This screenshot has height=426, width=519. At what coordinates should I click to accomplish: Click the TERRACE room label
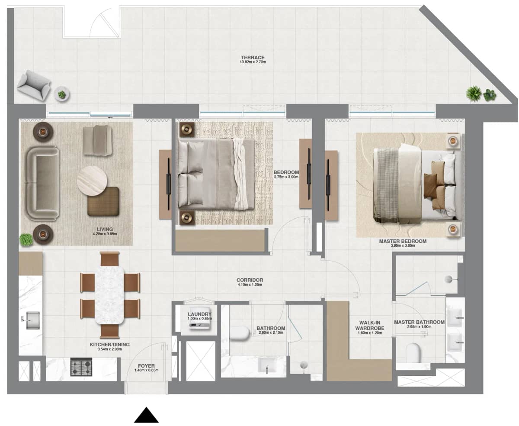[253, 58]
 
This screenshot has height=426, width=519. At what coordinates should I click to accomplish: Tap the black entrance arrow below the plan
[146, 415]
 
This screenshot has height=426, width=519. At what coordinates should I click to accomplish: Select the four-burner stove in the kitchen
[81, 367]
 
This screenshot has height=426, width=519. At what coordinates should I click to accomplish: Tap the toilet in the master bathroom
[414, 352]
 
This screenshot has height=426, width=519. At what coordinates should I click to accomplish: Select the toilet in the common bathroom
[240, 333]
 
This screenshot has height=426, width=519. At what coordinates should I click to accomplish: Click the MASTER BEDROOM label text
[402, 241]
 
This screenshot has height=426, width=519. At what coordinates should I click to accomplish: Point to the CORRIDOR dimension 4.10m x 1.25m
[250, 285]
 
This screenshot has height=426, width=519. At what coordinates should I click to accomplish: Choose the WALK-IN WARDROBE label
[371, 325]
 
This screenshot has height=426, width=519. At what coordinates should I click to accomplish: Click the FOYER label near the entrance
[146, 366]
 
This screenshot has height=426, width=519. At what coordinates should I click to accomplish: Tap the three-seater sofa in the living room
[42, 183]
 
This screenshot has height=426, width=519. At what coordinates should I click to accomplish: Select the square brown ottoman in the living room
[103, 201]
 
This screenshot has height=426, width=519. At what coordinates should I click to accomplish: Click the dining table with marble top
[109, 294]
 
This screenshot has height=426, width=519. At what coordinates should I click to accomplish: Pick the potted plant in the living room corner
[26, 239]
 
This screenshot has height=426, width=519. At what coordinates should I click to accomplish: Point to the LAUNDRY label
[199, 314]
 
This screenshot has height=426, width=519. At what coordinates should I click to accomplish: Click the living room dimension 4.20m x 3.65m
[105, 234]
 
